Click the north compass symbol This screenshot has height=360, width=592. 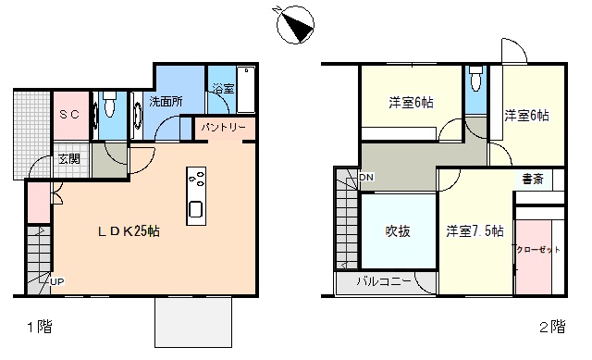295,25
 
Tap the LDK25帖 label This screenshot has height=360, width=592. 129,230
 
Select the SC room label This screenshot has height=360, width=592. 70,114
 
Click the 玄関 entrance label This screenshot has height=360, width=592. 69,159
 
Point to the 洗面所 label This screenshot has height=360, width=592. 166,101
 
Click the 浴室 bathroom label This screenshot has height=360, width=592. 223,89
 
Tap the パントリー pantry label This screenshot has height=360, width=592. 223,128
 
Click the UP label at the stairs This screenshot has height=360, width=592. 57,281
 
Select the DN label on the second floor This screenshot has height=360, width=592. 366,177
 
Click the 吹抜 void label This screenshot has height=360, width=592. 398,230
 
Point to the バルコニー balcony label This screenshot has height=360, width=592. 384,281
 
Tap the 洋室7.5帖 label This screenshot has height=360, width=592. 475,230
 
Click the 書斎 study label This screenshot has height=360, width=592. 533,179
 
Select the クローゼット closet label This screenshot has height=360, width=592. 538,250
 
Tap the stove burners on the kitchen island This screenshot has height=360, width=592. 197,179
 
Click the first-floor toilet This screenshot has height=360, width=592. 109,105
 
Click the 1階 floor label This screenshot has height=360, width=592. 40,327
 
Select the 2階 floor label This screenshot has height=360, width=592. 553,327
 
